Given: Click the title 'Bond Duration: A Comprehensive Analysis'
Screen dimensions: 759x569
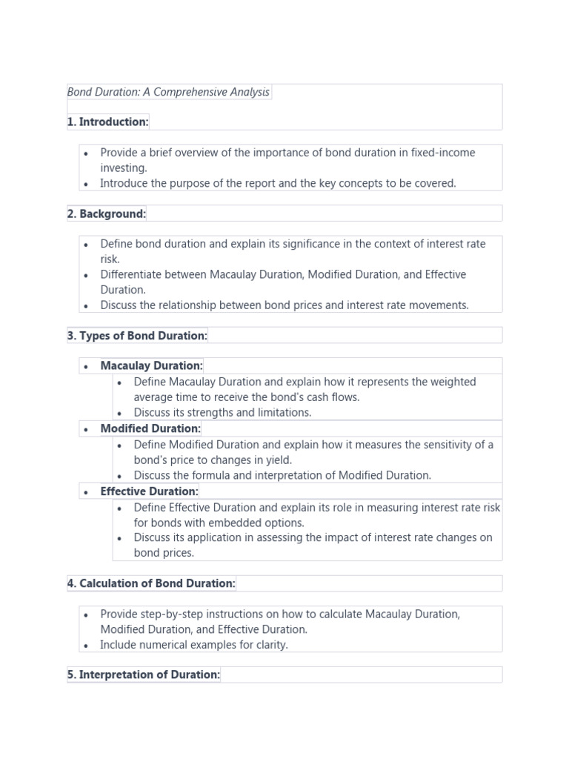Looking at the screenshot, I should (x=169, y=92).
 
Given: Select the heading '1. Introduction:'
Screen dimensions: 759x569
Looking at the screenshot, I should (x=108, y=122).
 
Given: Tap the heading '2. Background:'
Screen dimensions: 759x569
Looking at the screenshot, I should (x=107, y=213).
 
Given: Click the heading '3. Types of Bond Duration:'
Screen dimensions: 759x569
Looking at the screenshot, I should (x=137, y=336).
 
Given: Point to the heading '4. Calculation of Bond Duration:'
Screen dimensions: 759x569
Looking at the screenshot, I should (x=151, y=583).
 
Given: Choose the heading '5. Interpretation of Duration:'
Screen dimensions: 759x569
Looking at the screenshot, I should (x=144, y=675).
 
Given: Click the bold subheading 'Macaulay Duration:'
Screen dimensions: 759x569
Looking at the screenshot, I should (x=151, y=365).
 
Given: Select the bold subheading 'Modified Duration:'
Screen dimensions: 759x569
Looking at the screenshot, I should (x=150, y=428).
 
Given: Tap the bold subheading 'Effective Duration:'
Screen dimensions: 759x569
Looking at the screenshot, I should (x=150, y=491).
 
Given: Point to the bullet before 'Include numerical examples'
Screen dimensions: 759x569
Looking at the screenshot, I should (x=86, y=646).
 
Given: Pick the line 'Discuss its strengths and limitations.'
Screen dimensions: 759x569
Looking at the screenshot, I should (x=222, y=413).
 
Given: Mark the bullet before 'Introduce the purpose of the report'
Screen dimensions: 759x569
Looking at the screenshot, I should (x=86, y=184).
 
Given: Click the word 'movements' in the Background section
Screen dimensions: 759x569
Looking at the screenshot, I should (x=442, y=305).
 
